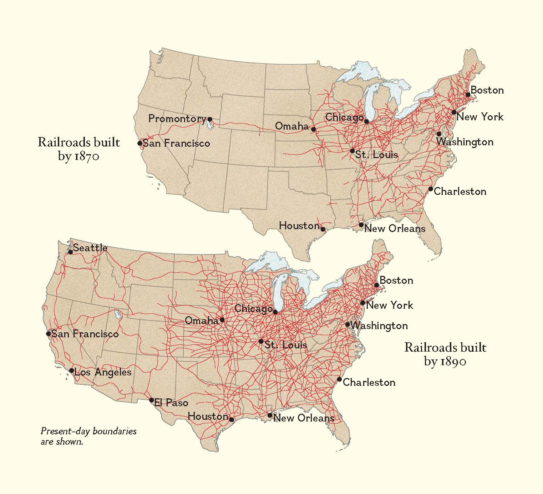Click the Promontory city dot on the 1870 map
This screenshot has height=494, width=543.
click(210, 119)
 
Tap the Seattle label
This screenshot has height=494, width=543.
click(90, 248)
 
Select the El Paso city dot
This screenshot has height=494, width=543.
click(152, 400)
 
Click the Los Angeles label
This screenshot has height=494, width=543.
click(103, 372)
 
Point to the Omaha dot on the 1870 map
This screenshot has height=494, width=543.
click(313, 129)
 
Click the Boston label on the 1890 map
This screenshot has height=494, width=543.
click(396, 281)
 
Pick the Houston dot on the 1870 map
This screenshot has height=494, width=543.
click(323, 229)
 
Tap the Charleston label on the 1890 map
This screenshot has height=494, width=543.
click(369, 383)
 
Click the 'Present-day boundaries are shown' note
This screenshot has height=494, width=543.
click(88, 436)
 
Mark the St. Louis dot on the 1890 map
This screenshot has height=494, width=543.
click(261, 342)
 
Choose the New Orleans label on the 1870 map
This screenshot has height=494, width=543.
click(395, 229)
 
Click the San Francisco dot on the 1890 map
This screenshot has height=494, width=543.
click(49, 334)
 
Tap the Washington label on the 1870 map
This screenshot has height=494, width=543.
click(465, 142)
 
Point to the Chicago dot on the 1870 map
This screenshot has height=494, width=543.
click(366, 122)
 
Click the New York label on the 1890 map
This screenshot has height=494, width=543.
click(389, 305)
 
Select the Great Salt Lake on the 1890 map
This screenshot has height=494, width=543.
click(118, 315)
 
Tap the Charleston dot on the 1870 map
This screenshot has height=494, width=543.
click(431, 189)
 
